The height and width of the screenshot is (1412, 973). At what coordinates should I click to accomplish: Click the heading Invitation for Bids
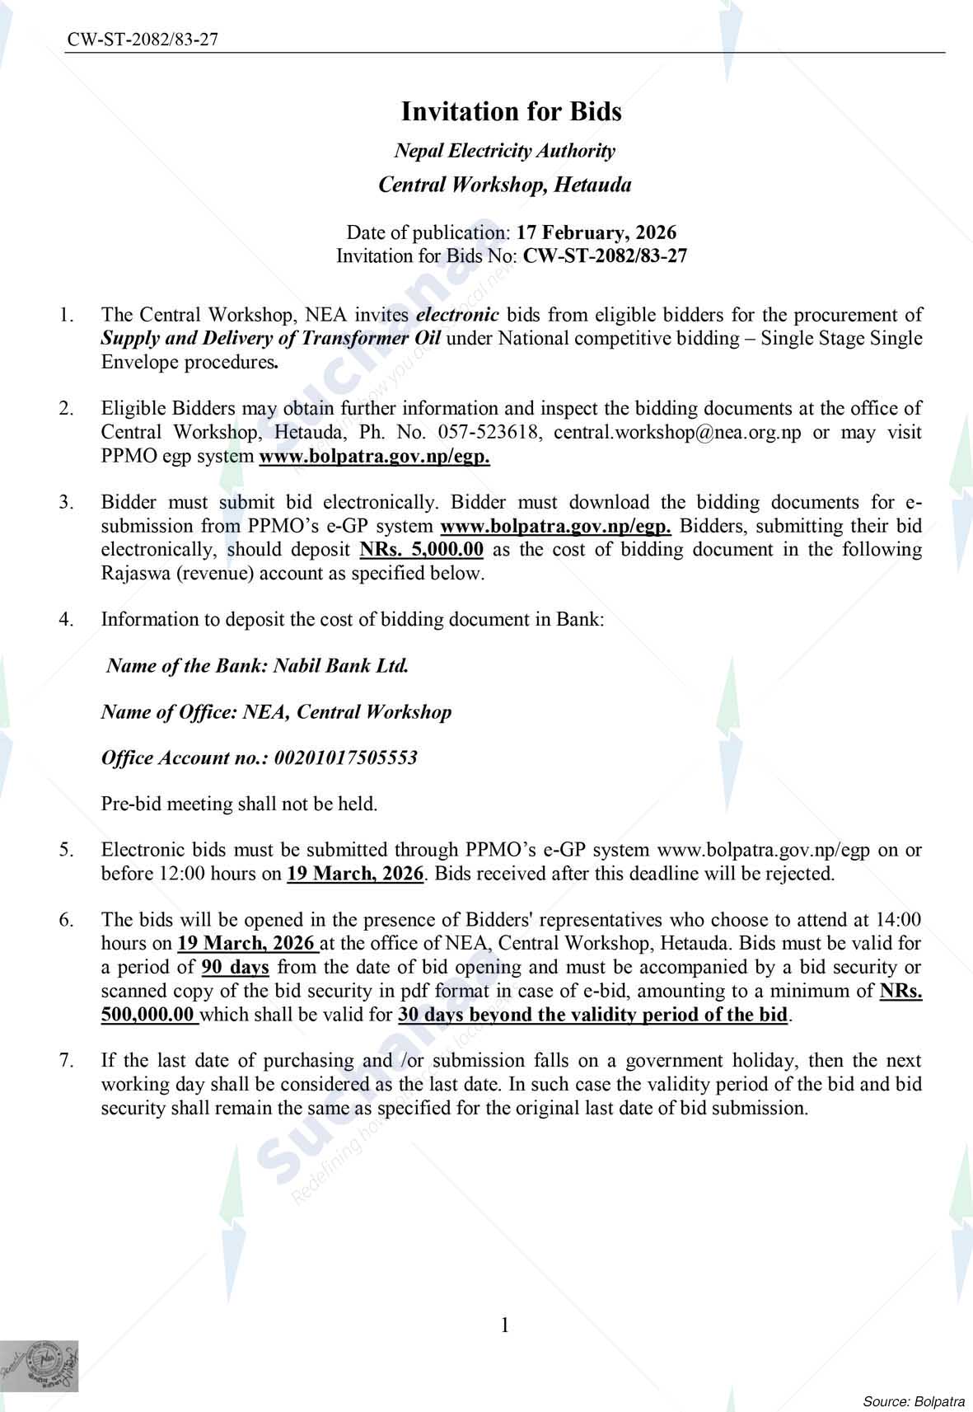[511, 111]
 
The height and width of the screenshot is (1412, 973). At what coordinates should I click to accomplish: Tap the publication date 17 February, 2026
[596, 232]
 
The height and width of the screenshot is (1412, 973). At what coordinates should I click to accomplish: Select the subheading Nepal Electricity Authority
[504, 151]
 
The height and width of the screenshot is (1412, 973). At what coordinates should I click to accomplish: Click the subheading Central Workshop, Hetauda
[504, 185]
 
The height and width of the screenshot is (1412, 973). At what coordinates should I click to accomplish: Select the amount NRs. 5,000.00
[422, 550]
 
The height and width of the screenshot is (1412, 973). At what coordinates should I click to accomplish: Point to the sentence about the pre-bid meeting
[239, 804]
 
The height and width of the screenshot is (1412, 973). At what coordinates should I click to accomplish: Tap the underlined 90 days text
[235, 967]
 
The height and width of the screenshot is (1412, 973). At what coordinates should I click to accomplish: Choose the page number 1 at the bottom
[505, 1325]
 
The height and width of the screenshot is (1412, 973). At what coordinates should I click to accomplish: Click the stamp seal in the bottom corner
[40, 1367]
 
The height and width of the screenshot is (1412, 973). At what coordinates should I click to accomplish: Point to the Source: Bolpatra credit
[913, 1400]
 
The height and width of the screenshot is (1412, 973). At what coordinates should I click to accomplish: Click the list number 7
[67, 1060]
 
